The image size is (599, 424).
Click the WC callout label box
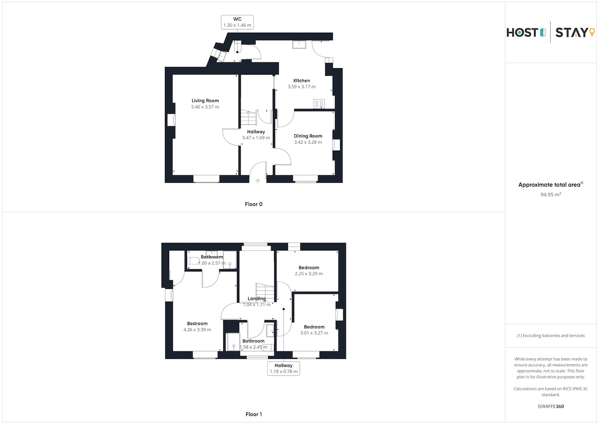[237, 22]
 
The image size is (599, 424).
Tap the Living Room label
[205, 100]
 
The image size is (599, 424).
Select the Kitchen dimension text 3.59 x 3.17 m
[301, 87]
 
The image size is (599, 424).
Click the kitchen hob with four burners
[319, 104]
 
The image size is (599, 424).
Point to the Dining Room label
[308, 136]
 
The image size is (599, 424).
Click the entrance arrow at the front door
[258, 181]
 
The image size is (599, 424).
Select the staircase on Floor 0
[249, 117]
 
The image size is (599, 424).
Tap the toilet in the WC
[238, 47]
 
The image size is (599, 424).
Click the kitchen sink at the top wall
[299, 44]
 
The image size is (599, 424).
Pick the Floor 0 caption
[254, 204]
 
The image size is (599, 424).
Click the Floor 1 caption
[254, 414]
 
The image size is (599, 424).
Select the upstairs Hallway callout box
[284, 369]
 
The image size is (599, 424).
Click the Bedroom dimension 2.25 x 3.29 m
[309, 274]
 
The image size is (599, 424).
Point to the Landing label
[257, 299]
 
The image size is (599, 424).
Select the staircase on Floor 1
[265, 293]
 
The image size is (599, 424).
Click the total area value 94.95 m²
[551, 194]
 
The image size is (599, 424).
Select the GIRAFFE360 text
[551, 407]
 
